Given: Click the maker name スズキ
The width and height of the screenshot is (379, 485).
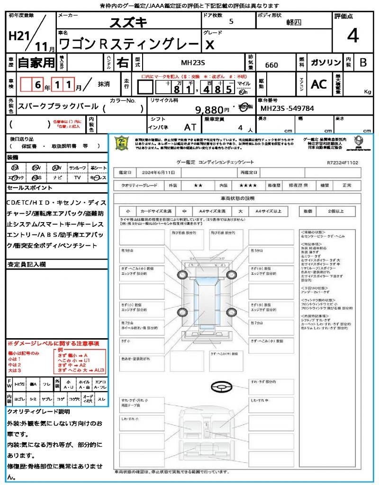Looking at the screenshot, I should click(x=128, y=22).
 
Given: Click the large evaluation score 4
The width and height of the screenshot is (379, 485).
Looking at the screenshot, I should click(x=352, y=36).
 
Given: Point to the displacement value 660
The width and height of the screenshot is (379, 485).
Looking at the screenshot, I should click(x=271, y=65).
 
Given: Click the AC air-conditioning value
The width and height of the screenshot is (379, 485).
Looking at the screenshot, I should click(x=318, y=84).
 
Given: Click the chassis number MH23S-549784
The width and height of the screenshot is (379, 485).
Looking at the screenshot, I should click(x=287, y=108).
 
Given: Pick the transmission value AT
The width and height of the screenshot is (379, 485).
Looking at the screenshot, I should click(x=190, y=127).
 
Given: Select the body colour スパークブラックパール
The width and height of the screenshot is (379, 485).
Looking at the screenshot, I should click(x=58, y=107).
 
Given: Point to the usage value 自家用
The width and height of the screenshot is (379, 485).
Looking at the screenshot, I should click(x=36, y=63).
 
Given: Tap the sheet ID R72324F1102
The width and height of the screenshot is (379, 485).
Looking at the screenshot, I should click(x=343, y=162).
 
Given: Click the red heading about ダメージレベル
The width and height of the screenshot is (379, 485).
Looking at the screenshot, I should click(x=53, y=343).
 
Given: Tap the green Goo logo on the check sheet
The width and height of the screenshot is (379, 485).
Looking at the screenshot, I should click(x=122, y=143).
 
